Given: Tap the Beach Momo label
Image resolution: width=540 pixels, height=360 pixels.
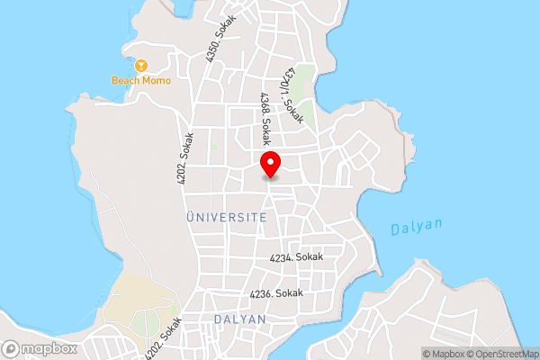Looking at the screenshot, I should tap(141, 80).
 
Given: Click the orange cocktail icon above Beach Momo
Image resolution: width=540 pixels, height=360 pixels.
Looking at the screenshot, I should tap(141, 65).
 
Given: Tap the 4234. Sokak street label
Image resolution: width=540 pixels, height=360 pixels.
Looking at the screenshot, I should tap(296, 257).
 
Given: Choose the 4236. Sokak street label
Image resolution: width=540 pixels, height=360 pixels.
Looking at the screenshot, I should tap(277, 293).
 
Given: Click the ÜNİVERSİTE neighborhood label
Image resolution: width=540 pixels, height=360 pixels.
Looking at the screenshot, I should tap(226, 218).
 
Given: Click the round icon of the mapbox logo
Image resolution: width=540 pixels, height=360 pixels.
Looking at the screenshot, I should tap(12, 348).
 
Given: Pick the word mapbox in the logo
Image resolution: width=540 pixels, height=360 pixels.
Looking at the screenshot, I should tap(49, 348).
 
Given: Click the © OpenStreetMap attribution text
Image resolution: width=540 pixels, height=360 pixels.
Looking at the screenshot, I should tap(503, 354).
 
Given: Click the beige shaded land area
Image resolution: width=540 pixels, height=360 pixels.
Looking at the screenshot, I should tap(135, 297).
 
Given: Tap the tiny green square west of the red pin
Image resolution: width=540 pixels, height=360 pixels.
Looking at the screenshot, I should tap(214, 145).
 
